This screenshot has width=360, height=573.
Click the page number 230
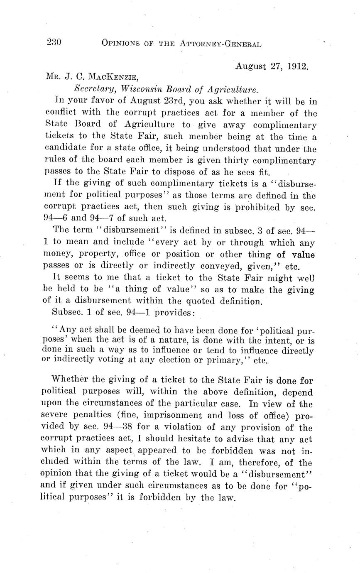[x=54, y=42]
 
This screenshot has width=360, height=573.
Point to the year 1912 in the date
[x=298, y=66]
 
